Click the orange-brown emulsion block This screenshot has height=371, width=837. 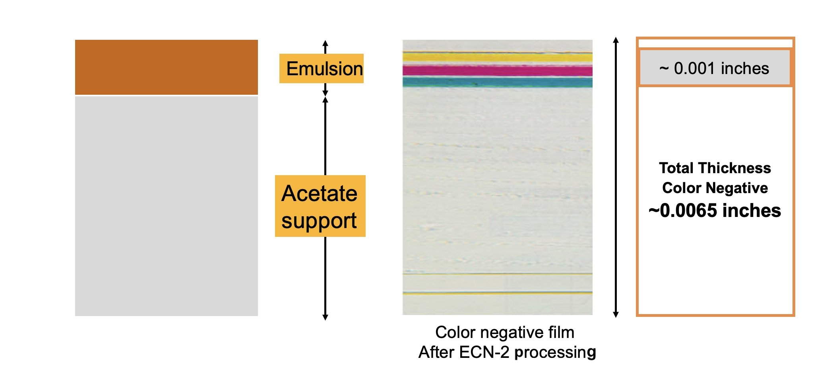point(166,67)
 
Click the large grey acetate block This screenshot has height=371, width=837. point(166,206)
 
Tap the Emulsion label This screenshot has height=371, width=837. point(322,68)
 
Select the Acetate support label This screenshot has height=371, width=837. point(320,206)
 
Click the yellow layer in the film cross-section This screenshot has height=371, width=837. point(498,57)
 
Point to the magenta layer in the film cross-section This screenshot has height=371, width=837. point(498,71)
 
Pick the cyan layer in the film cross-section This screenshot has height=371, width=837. point(498,82)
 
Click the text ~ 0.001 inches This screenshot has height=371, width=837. point(714,68)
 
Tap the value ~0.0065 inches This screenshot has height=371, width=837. point(715,211)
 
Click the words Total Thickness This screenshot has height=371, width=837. point(715,168)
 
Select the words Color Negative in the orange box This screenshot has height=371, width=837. point(715,188)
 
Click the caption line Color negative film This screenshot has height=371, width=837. point(505,332)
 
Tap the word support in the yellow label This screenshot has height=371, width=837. point(319,221)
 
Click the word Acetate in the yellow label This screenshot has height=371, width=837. point(320,193)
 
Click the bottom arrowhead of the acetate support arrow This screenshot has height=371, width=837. point(325,317)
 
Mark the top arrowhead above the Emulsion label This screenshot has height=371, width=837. point(325,43)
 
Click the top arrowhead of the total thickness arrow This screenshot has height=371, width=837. point(616,40)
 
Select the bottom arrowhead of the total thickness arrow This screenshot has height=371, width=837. point(616,314)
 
